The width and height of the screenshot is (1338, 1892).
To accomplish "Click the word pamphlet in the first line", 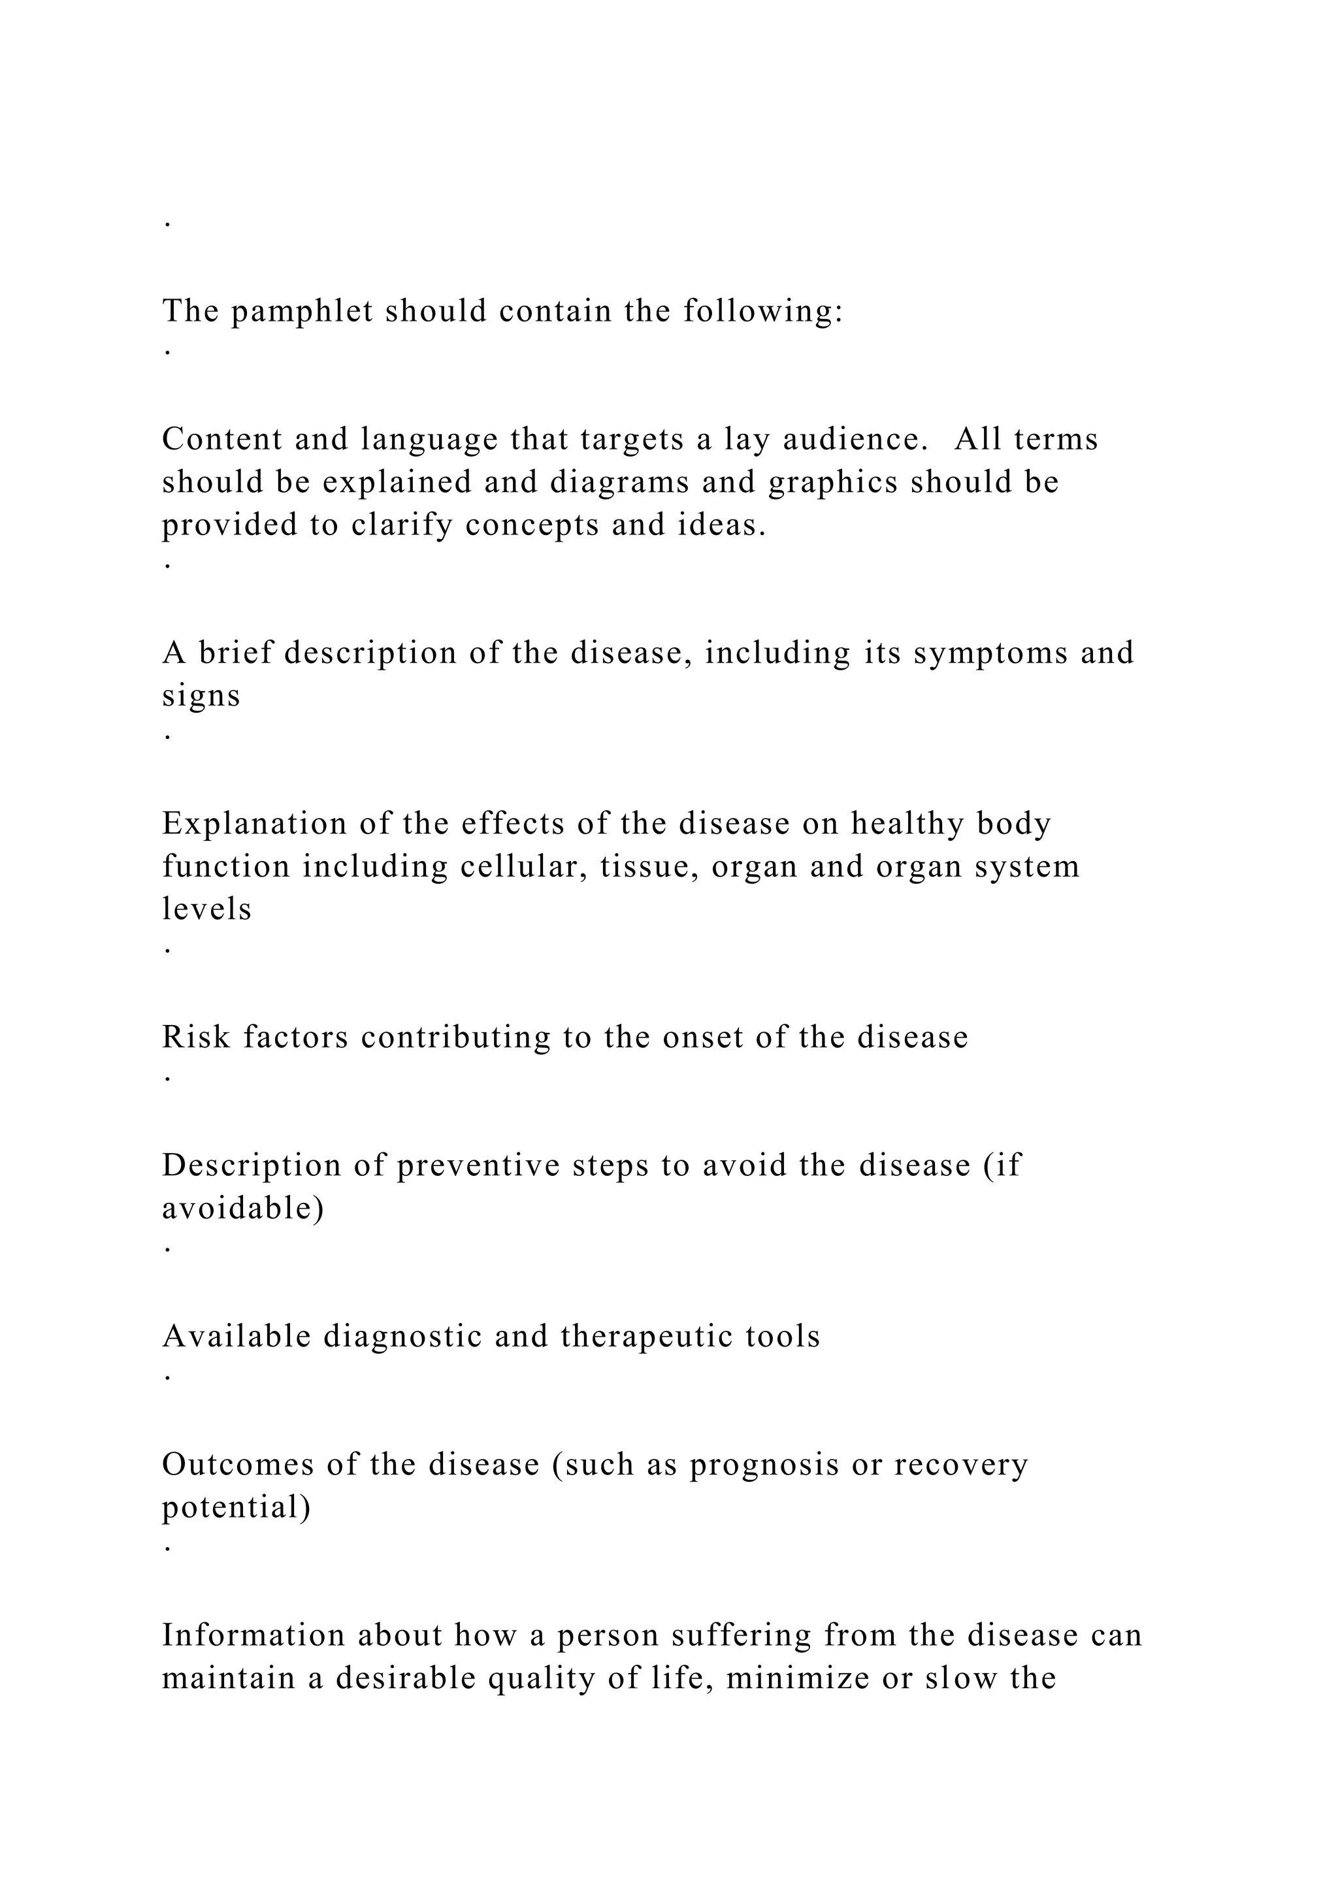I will [x=302, y=312].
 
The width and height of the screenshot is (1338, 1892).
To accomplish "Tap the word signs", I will [x=201, y=696].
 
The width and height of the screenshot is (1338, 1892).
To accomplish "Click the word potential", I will [x=236, y=1507].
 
